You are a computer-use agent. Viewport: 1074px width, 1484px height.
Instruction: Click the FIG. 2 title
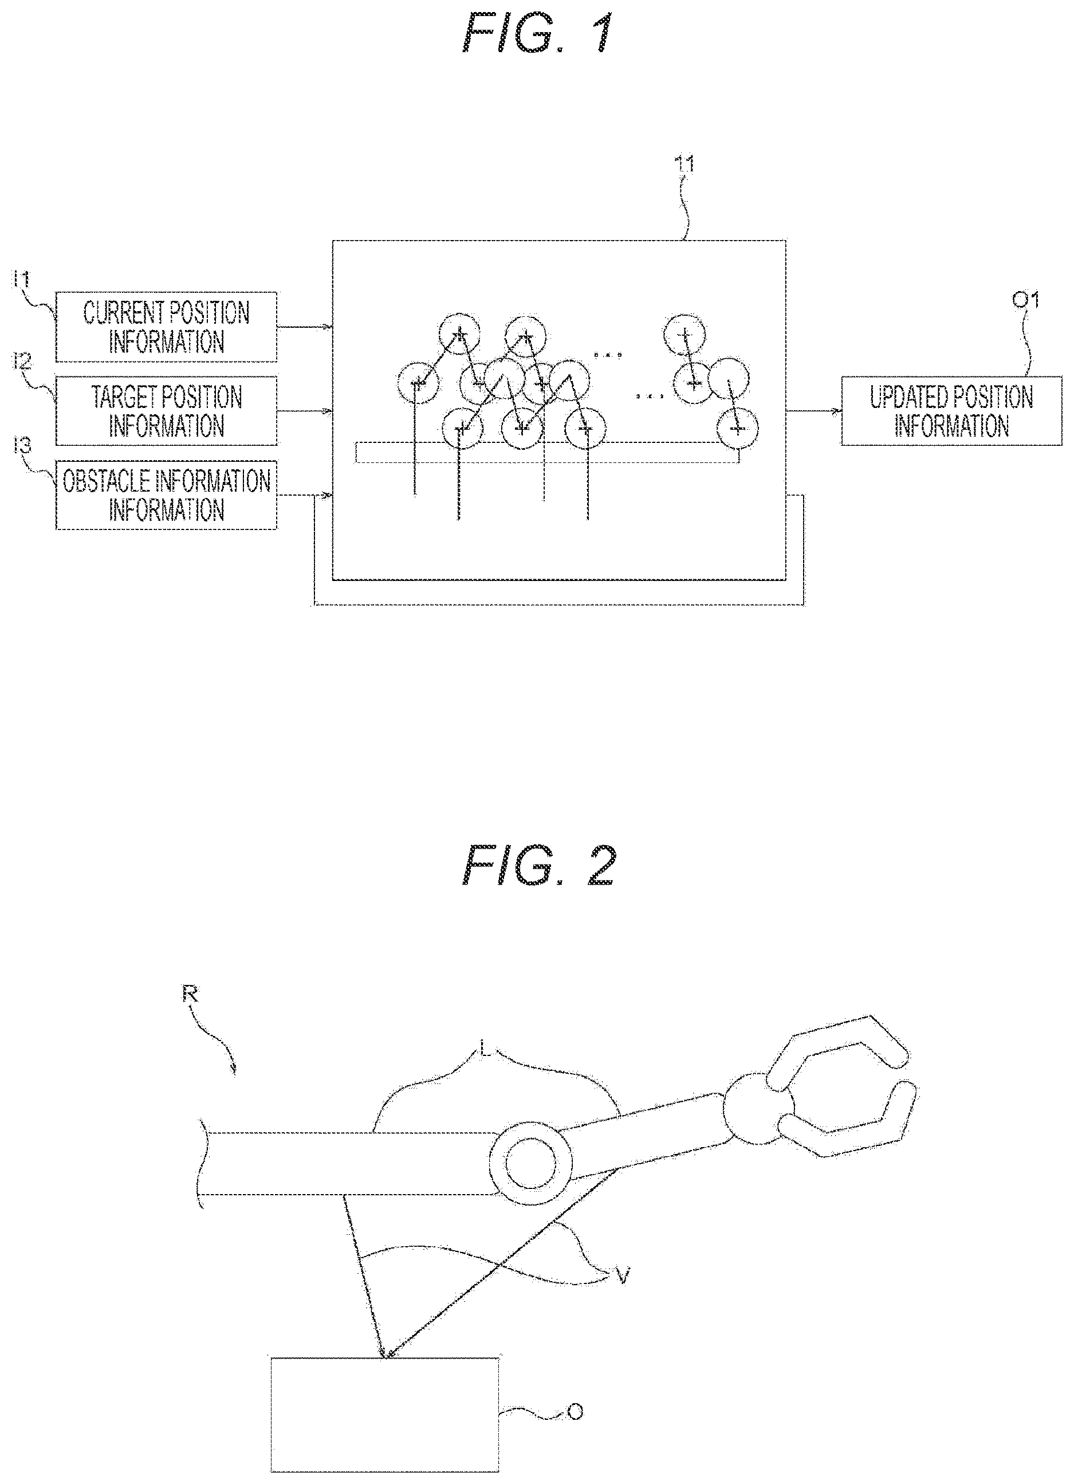click(538, 865)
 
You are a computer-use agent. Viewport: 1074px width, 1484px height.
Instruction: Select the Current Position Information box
click(166, 327)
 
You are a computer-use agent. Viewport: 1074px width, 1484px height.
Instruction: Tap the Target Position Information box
click(166, 411)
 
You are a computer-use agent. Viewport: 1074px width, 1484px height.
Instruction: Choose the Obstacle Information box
click(166, 495)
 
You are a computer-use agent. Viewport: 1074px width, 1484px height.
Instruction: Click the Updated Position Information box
click(951, 411)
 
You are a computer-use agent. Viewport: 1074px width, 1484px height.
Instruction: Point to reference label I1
click(22, 280)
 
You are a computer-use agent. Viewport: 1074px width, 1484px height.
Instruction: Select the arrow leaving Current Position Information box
click(305, 327)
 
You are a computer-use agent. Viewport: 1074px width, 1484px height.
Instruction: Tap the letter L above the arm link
click(484, 1049)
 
